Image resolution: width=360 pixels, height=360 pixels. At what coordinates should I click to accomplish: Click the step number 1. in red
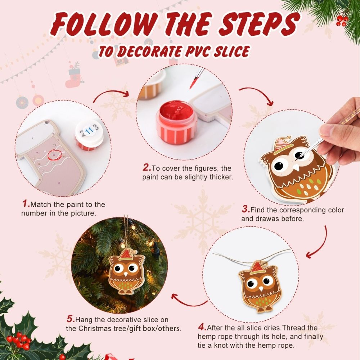tap(26, 204)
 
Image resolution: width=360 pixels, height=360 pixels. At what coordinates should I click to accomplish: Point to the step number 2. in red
tap(146, 168)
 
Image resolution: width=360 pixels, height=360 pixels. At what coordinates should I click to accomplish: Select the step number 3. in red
tap(246, 210)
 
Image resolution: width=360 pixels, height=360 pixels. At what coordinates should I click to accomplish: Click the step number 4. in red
tap(202, 328)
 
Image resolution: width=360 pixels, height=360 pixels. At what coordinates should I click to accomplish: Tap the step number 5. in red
tap(71, 319)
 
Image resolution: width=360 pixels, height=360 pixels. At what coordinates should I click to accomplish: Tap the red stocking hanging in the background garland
tap(74, 77)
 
